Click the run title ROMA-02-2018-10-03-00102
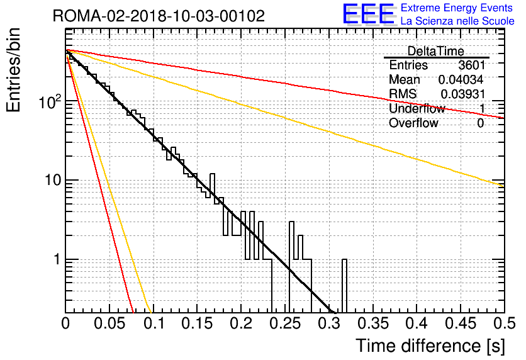point(159,16)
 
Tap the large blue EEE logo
point(369,14)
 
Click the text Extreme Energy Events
point(457,8)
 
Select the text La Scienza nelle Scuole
point(457,21)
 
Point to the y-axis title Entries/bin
point(14,70)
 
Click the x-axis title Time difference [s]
point(430,346)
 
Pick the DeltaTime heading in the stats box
point(436,51)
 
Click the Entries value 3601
point(472,65)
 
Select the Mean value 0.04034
point(461,79)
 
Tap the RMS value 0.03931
point(463,94)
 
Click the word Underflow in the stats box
point(417,108)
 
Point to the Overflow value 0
point(480,123)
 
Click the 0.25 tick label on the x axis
point(285,323)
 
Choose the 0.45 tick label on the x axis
point(461,323)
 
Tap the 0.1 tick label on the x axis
point(154,323)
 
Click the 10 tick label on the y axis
point(53,180)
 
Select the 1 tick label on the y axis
point(57,259)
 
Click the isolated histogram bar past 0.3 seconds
point(344,286)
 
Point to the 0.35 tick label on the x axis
point(373,323)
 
